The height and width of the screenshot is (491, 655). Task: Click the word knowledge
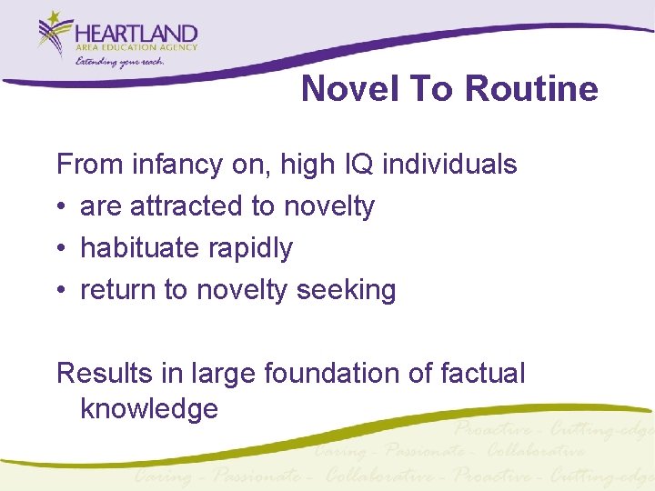[149, 409]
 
